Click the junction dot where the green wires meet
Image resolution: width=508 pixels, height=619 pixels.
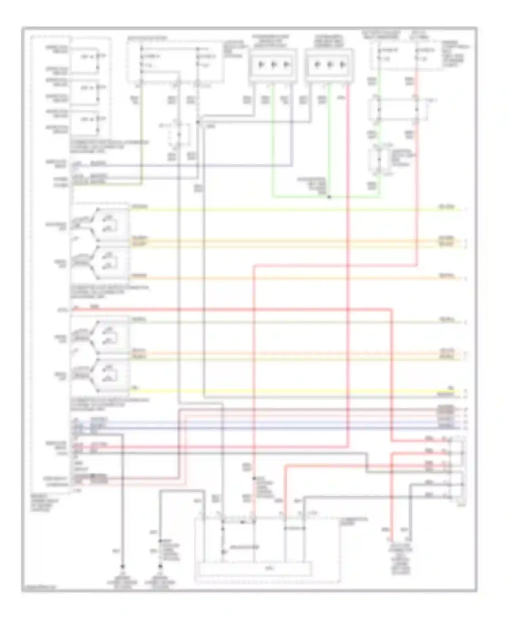pos(329,197)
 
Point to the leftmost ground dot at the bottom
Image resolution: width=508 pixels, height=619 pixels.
pos(123,566)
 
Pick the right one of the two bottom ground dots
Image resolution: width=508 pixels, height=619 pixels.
pos(161,566)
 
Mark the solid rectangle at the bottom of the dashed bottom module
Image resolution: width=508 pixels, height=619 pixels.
pos(256,568)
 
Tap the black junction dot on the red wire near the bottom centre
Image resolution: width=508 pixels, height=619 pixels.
pos(254,478)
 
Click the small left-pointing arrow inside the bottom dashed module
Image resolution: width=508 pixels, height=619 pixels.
pos(242,522)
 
